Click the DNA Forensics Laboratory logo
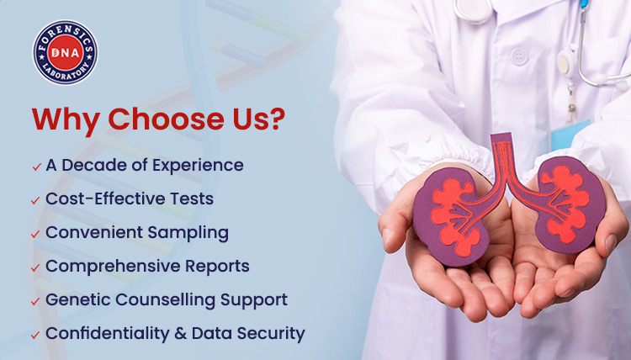[65, 53]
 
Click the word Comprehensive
[100, 267]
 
